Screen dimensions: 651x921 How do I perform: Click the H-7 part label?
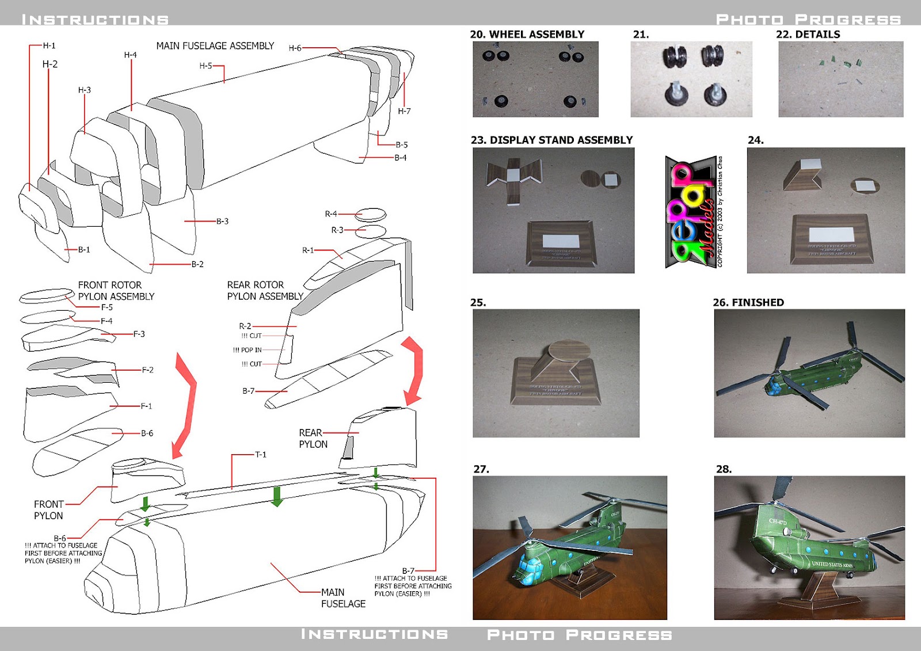coord(404,111)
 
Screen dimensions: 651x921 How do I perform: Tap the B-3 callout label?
coord(222,221)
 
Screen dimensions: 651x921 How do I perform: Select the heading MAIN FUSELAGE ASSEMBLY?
coord(215,45)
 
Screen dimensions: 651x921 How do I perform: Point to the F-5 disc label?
coord(106,307)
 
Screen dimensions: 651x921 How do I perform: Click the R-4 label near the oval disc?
coord(331,214)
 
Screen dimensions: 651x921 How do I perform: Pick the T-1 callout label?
coord(260,455)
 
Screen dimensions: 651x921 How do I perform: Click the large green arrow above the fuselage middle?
coord(277,496)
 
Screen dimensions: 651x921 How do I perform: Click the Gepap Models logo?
coord(691,212)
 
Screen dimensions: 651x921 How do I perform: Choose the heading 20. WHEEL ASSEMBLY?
coord(527,35)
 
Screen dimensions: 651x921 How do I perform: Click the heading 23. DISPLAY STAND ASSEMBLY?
coord(551,140)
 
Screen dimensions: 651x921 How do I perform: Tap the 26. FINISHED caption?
coord(748,302)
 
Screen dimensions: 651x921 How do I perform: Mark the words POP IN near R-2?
coord(251,350)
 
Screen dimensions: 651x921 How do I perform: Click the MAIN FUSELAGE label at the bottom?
coord(343,597)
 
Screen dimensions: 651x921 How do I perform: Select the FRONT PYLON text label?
coord(48,510)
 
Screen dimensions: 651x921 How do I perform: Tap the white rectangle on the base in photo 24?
coord(831,234)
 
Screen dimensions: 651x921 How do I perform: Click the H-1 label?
coord(49,45)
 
